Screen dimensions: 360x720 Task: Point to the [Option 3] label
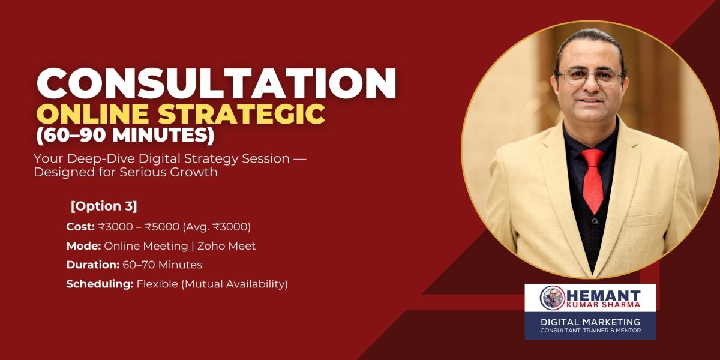coord(104,206)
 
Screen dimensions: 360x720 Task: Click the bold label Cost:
coord(80,227)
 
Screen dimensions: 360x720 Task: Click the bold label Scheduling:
coord(100,284)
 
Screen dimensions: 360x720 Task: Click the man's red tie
coord(593,179)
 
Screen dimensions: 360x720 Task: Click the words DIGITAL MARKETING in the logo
coord(590,322)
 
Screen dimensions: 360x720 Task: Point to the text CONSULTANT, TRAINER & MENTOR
coord(590,331)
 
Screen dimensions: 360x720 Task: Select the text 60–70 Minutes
coord(163,265)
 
